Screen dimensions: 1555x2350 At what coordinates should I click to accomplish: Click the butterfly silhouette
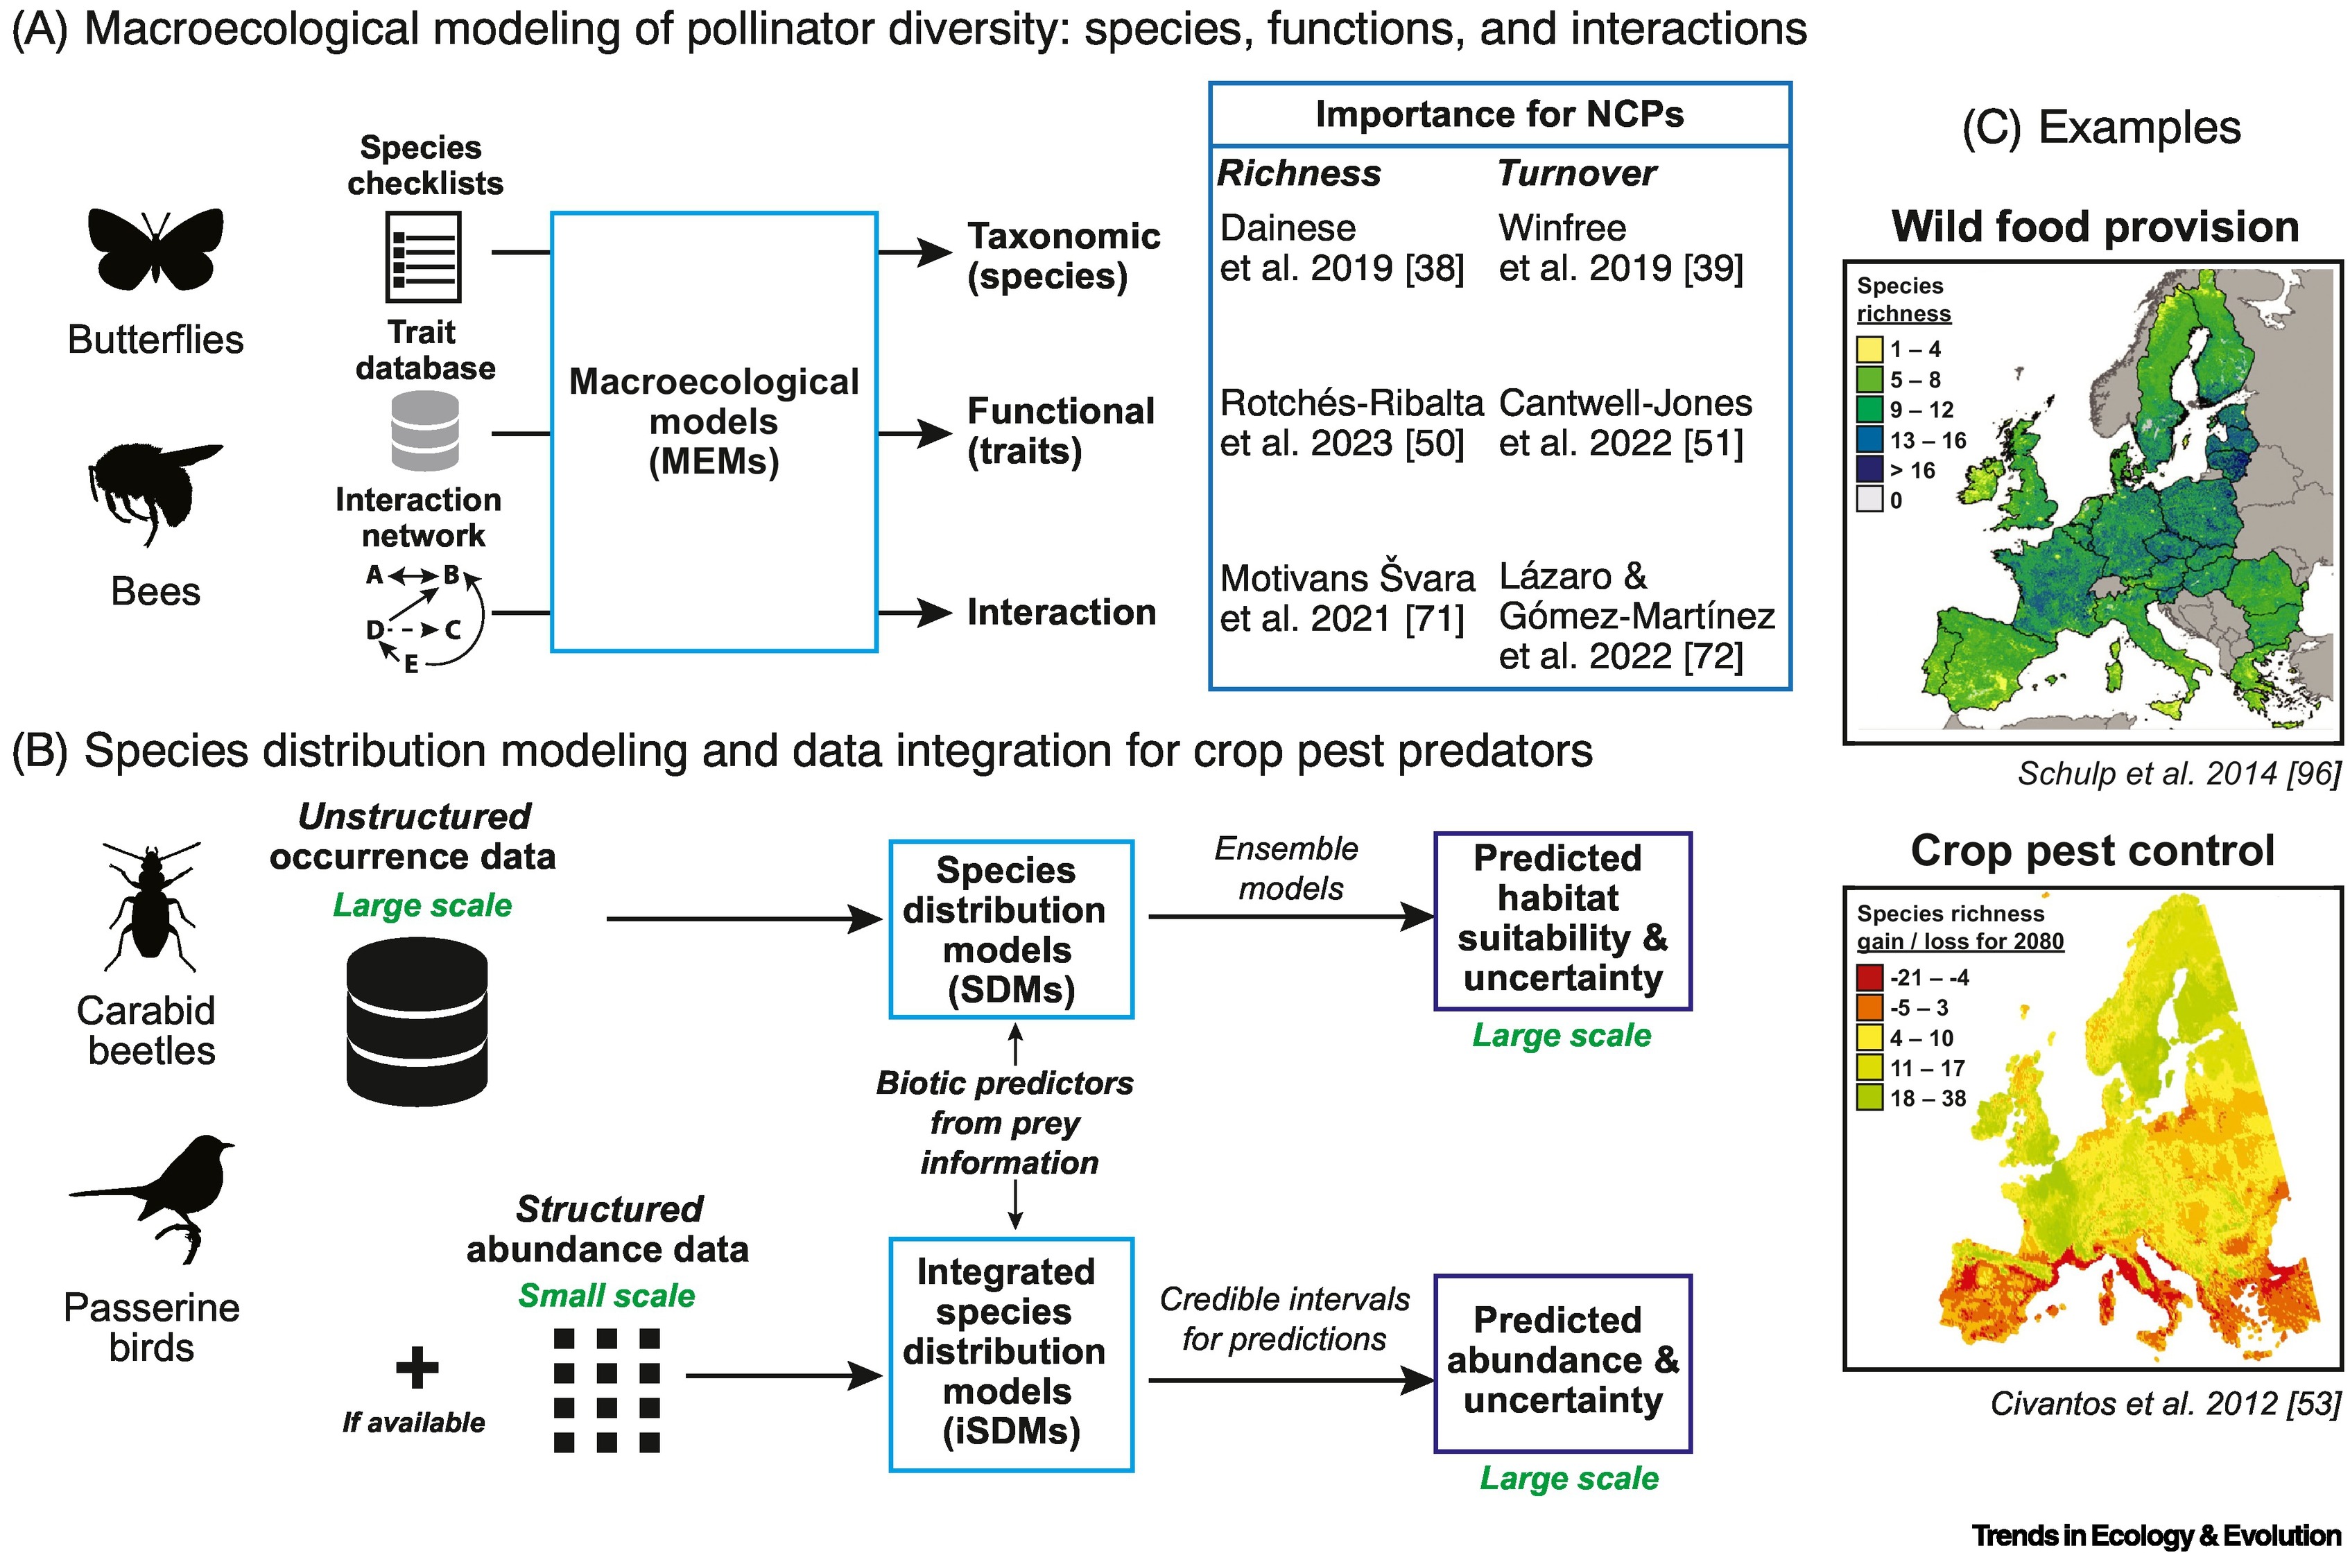156,249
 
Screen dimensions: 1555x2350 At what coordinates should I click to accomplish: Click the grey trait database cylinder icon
424,431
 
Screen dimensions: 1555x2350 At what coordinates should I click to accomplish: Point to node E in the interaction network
411,663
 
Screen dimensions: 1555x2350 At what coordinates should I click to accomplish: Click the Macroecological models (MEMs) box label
714,422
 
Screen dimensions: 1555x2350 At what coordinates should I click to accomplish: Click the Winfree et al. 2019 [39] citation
1619,248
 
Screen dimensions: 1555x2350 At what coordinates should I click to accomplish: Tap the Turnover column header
1576,173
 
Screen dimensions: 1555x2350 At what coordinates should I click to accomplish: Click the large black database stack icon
417,1020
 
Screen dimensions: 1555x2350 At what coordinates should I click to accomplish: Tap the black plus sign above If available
417,1368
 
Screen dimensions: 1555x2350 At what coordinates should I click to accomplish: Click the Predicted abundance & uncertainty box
1562,1362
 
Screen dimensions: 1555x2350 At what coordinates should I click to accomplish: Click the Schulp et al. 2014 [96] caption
2179,774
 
